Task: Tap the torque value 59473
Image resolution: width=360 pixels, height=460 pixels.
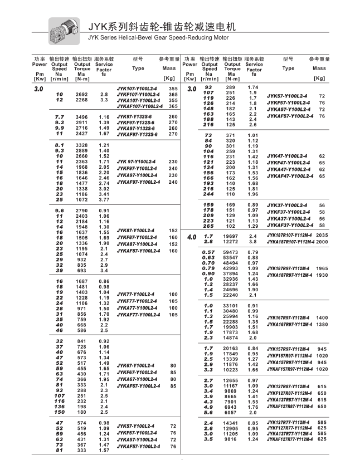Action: pos(231,252)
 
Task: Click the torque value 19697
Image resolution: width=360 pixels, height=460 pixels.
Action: pos(231,236)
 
